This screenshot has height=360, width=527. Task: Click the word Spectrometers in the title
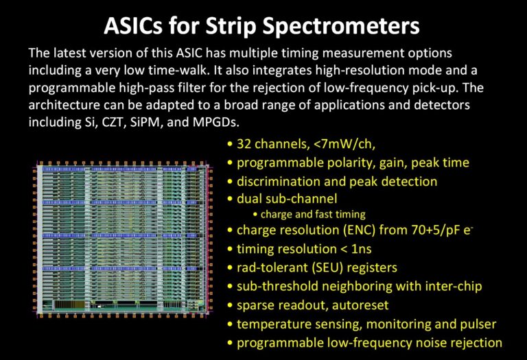341,26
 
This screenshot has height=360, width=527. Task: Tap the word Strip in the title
231,26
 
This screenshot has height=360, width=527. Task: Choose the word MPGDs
215,122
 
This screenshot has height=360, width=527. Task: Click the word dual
249,199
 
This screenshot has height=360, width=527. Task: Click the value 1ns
362,249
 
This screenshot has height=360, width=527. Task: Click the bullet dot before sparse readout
230,306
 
